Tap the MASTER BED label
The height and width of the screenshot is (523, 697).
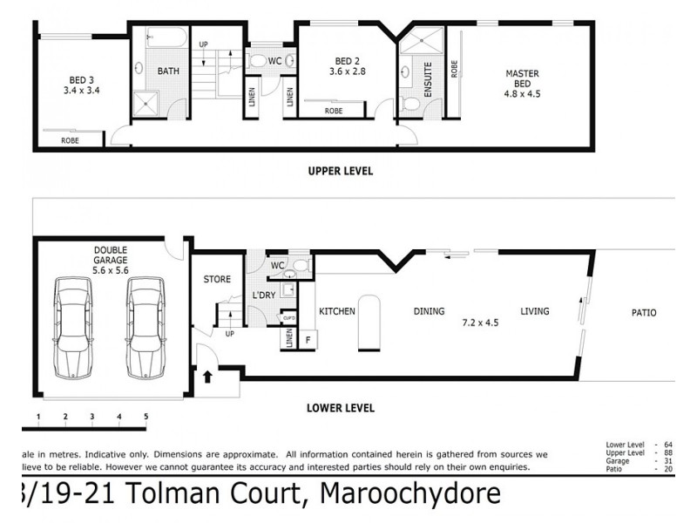pyautogui.click(x=522, y=78)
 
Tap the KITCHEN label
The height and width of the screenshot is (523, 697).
pyautogui.click(x=336, y=311)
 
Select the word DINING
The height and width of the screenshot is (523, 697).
pyautogui.click(x=430, y=311)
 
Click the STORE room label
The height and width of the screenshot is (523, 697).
pyautogui.click(x=217, y=280)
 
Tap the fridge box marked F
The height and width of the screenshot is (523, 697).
pyautogui.click(x=308, y=339)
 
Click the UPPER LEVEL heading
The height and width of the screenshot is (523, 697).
pyautogui.click(x=340, y=172)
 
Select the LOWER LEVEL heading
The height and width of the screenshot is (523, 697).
pyautogui.click(x=341, y=407)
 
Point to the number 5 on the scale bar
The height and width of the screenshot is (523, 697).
pyautogui.click(x=145, y=418)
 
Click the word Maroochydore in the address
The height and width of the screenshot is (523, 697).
pyautogui.click(x=410, y=494)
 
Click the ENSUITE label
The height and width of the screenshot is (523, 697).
pyautogui.click(x=428, y=79)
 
